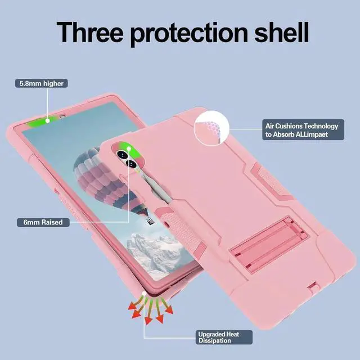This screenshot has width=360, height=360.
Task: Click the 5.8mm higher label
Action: (42, 84)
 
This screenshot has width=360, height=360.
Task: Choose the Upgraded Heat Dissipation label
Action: (218, 337)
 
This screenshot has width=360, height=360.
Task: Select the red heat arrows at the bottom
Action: (148, 310)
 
